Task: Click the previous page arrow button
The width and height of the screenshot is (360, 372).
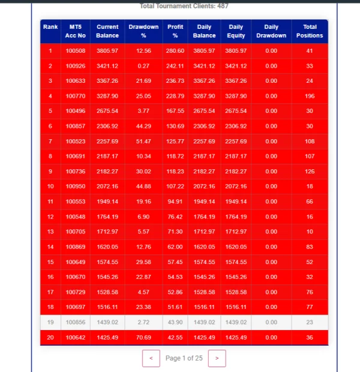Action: [151, 358]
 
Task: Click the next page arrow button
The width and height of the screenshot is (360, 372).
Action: [217, 358]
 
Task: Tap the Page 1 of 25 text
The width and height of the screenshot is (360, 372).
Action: [184, 358]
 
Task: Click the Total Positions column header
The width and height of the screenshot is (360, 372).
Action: [310, 31]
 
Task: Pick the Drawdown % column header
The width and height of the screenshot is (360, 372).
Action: [143, 31]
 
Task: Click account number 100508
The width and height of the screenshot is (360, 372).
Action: [76, 51]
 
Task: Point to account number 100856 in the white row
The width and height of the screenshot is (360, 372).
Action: [76, 322]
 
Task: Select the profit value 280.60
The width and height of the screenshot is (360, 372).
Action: [175, 51]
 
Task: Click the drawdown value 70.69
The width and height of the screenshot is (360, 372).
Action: [143, 338]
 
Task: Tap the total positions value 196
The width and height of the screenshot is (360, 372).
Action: [310, 95]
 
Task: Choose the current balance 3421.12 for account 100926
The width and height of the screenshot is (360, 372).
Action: [107, 65]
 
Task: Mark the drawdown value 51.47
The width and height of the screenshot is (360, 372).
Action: [143, 141]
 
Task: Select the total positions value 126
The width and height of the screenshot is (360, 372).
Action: [310, 172]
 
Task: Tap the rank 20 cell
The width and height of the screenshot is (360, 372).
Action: [50, 338]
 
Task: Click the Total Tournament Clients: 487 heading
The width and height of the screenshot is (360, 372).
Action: [184, 6]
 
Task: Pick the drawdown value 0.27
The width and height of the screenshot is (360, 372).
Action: [143, 65]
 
